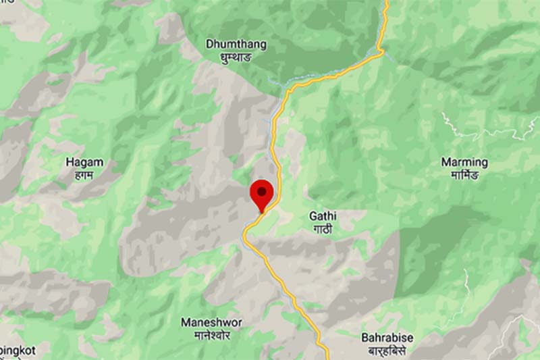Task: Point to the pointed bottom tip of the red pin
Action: (261, 211)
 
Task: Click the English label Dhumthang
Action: (236, 45)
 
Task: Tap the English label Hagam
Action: (84, 162)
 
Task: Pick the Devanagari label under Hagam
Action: (84, 174)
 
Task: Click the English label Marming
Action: (464, 162)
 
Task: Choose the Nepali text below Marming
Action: (464, 175)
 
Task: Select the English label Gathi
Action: (322, 216)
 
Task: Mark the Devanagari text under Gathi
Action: (322, 229)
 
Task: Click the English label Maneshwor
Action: (211, 322)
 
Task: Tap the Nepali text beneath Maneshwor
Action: (211, 335)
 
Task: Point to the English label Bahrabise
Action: (387, 338)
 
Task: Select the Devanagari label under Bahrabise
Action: (387, 351)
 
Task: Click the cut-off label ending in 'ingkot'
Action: (17, 351)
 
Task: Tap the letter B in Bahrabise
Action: (364, 338)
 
